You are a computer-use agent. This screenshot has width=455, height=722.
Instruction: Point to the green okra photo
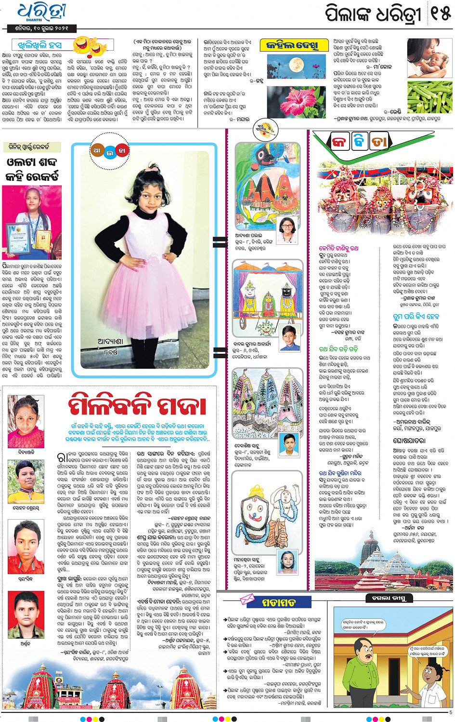click(x=429, y=97)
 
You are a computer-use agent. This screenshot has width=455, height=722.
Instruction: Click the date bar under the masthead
click(x=41, y=28)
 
